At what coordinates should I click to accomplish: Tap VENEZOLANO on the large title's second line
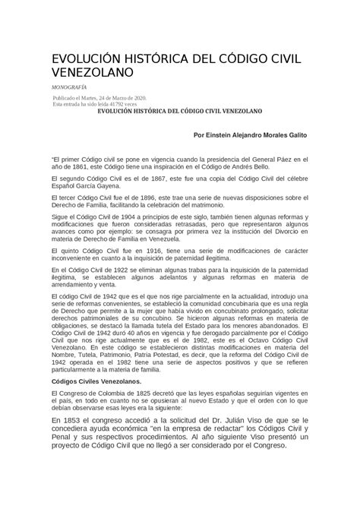92,73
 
